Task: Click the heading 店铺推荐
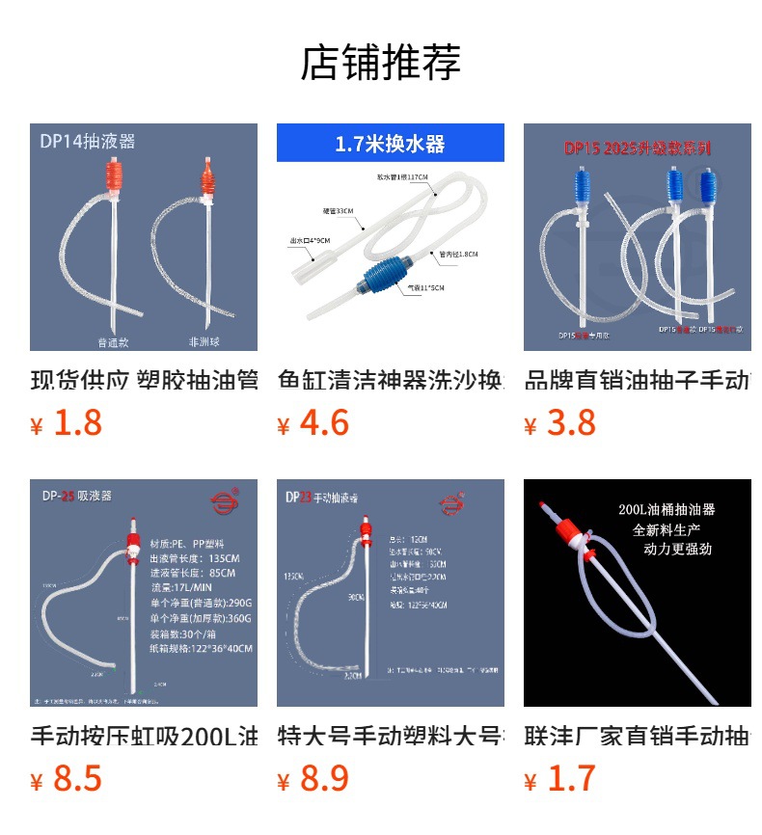(x=381, y=62)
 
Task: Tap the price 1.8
(x=77, y=422)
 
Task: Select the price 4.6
(x=324, y=422)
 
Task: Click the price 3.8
(x=571, y=422)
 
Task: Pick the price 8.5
(x=77, y=778)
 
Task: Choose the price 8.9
(x=324, y=778)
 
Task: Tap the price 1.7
(x=571, y=778)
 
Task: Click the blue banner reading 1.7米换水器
(x=390, y=144)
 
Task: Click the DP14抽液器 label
(x=87, y=142)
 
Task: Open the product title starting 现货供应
(x=144, y=380)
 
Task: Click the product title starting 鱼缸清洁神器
(x=391, y=380)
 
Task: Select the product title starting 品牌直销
(x=638, y=380)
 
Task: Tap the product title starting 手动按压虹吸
(x=144, y=736)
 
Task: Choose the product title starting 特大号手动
(x=391, y=736)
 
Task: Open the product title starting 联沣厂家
(x=638, y=736)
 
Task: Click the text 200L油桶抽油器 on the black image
(x=667, y=509)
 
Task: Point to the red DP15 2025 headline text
(x=638, y=149)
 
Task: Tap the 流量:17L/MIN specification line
(x=184, y=587)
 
